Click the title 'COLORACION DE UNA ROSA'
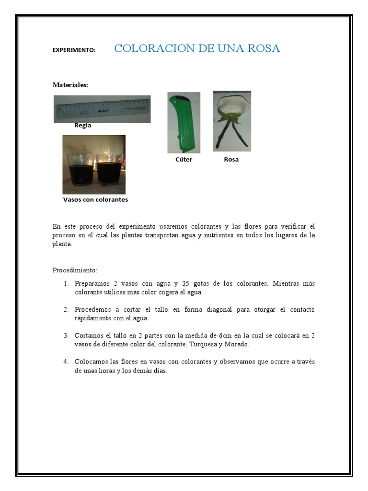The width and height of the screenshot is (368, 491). tap(197, 48)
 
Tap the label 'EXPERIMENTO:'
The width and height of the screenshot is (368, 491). tap(74, 50)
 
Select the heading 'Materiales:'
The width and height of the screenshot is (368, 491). tap(70, 85)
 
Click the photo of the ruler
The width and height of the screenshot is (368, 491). tap(102, 109)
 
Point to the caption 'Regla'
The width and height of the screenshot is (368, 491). tap(82, 126)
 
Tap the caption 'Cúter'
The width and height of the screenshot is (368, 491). tap(184, 160)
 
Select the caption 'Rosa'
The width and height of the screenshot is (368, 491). tap(231, 160)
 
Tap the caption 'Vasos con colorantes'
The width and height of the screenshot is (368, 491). tap(95, 200)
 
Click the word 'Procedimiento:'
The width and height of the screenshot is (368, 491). tap(75, 270)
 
